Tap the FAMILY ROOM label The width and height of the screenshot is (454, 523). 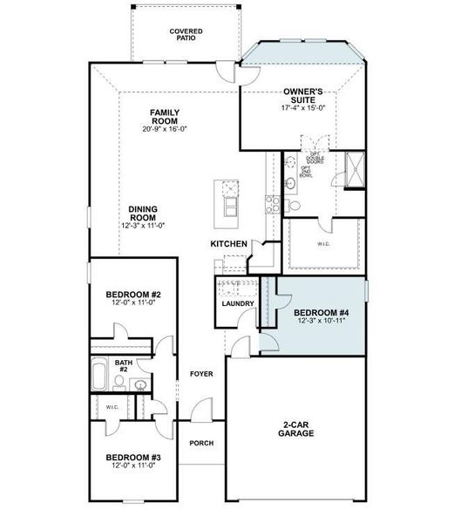pyautogui.click(x=164, y=115)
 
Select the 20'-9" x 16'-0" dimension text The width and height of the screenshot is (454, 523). pyautogui.click(x=164, y=129)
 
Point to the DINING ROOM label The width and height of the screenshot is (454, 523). pyautogui.click(x=142, y=213)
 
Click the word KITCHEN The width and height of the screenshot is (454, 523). pyautogui.click(x=229, y=244)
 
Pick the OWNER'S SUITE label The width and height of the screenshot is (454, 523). pyautogui.click(x=304, y=95)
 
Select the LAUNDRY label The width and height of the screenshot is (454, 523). pyautogui.click(x=238, y=303)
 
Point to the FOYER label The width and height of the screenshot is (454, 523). pyautogui.click(x=202, y=374)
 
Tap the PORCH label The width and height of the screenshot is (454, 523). pyautogui.click(x=202, y=443)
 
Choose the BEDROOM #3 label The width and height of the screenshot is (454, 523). pyautogui.click(x=130, y=458)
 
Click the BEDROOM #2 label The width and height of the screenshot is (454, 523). pyautogui.click(x=130, y=294)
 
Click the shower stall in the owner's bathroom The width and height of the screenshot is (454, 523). pyautogui.click(x=355, y=169)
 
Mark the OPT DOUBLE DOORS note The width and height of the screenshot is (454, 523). pyautogui.click(x=314, y=158)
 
